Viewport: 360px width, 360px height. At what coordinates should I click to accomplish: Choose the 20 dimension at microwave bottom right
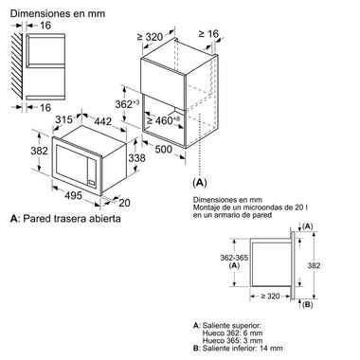(124, 201)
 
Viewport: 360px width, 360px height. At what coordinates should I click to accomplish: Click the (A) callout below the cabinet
(200, 181)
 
